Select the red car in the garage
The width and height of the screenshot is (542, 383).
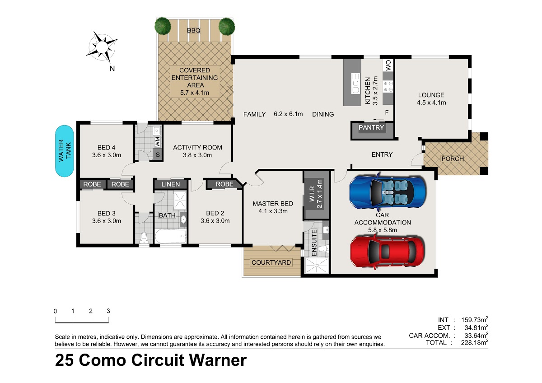388,252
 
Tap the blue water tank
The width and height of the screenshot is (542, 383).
64,151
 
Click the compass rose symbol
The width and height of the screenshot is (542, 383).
102,47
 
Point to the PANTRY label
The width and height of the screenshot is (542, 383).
371,127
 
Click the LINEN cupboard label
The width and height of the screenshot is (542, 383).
171,184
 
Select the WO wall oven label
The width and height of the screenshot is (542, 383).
388,65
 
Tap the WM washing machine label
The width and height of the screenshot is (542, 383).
158,142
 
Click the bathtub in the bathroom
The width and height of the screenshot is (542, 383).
171,236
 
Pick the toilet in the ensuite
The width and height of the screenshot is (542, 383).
323,248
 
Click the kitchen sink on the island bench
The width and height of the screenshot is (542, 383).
355,84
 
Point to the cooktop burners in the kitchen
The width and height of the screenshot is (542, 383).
388,87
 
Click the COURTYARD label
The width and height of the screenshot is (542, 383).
271,262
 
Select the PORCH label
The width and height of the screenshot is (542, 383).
453,159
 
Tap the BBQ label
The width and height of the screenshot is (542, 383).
194,30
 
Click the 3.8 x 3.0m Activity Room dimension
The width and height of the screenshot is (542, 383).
197,155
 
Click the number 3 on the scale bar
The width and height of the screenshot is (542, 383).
108,311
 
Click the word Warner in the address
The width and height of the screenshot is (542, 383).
218,360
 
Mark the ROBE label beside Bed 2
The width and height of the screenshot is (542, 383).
224,184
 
